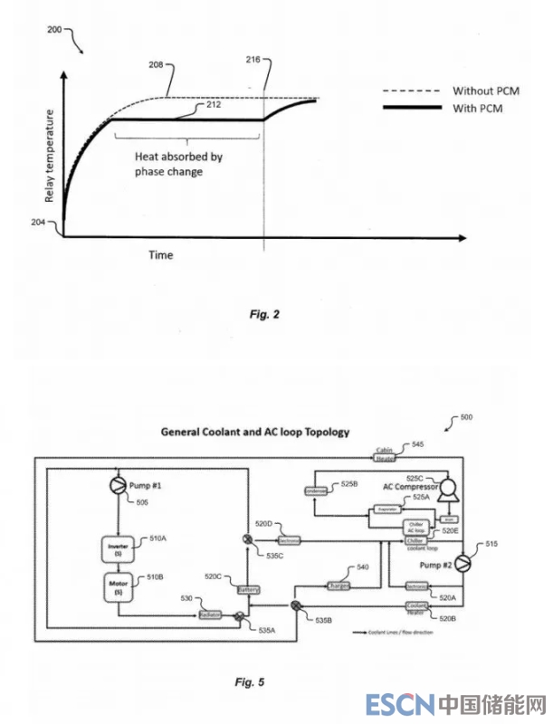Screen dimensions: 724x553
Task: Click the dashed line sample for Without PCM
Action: [x=412, y=91]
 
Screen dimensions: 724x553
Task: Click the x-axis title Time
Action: [x=161, y=255]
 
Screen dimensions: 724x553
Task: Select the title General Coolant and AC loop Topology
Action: [x=255, y=432]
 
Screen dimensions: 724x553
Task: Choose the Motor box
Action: [x=119, y=584]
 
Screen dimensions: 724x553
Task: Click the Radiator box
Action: [x=211, y=615]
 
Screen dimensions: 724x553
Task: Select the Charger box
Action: [x=338, y=584]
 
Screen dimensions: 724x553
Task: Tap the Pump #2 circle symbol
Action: [x=463, y=564]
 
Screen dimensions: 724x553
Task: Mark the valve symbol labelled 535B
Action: [x=296, y=604]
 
